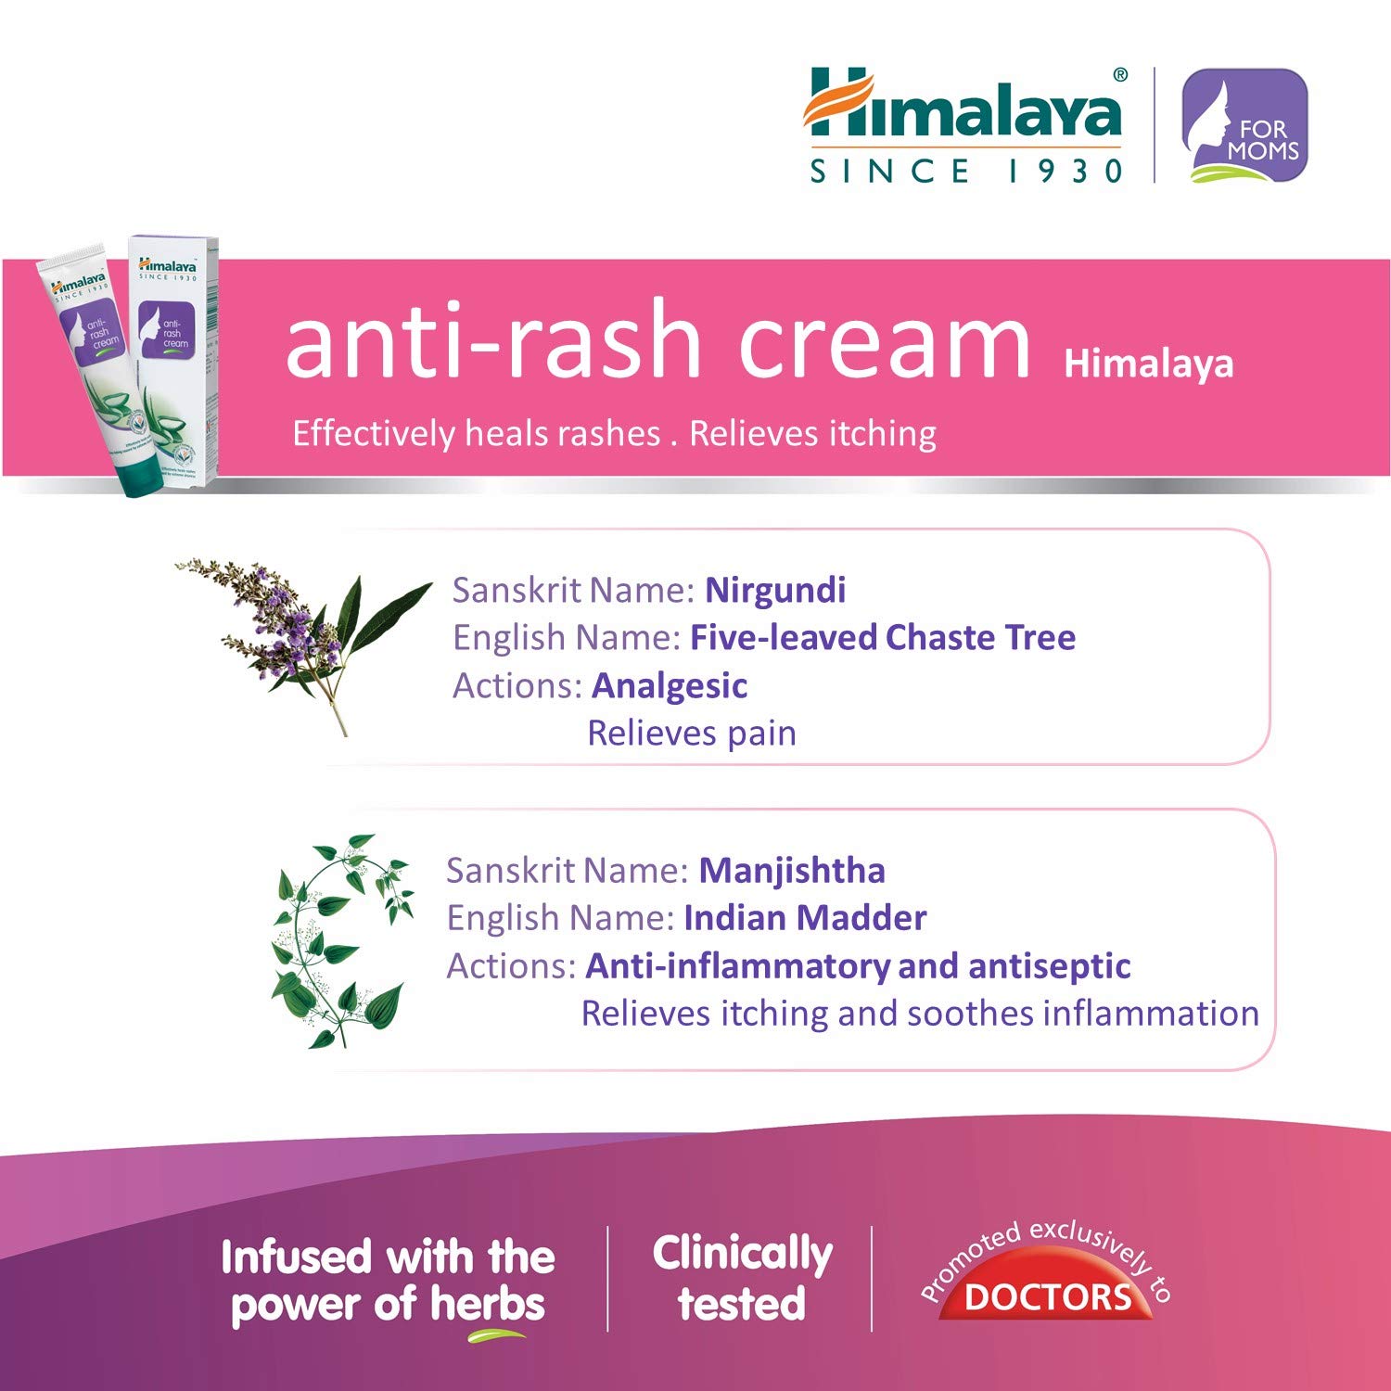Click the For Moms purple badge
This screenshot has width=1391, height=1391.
(x=1244, y=125)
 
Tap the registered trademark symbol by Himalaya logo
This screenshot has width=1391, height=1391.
(x=1120, y=75)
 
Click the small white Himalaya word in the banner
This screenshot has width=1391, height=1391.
(x=1148, y=364)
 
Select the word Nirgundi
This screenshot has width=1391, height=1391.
(x=775, y=590)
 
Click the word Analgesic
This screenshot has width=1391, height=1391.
(x=670, y=685)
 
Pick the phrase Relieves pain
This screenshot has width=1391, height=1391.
(x=692, y=733)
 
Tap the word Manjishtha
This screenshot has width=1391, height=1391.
(x=792, y=870)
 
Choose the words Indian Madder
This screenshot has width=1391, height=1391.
(x=805, y=918)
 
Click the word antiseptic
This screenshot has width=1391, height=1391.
(x=1049, y=966)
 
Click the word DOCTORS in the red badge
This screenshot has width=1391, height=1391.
(x=1048, y=1296)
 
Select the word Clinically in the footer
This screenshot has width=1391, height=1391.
(x=742, y=1254)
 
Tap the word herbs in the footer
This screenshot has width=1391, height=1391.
(x=488, y=1305)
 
